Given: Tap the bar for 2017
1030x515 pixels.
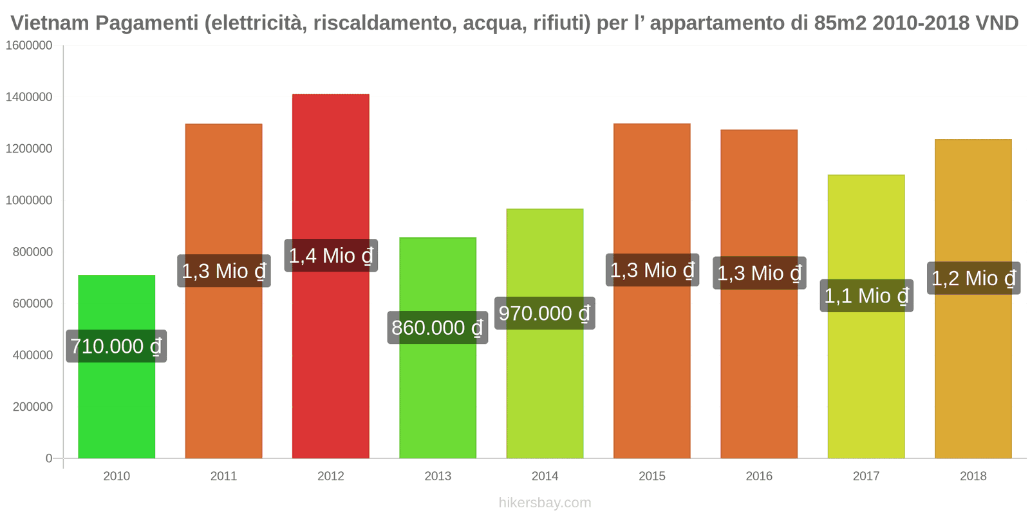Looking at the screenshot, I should coord(866,386).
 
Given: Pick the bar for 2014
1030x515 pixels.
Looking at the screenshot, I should coord(545,386).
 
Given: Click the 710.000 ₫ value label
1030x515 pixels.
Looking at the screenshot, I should coord(117,346).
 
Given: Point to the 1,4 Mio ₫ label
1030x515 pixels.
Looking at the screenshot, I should coord(331,256).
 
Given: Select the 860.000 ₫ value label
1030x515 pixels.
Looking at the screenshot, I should coord(438,328).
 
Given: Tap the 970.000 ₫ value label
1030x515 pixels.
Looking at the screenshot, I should coord(545,314).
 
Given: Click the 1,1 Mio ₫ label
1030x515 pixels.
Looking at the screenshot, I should coord(866,295).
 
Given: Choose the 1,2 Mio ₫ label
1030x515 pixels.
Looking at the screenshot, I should coord(973,278).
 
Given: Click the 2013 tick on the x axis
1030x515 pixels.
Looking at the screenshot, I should coord(438,476).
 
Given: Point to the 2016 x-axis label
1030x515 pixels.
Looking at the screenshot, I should coord(759,476).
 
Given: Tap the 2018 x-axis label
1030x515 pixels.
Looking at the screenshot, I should coord(973,476).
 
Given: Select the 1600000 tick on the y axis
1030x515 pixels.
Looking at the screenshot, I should coord(29,46).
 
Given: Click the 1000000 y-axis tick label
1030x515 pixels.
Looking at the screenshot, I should coord(29,200).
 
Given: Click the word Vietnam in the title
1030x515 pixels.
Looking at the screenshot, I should coord(50,23).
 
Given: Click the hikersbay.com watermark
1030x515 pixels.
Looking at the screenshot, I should coord(545,503).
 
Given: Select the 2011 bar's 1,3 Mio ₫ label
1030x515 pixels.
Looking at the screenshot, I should coord(224,271).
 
